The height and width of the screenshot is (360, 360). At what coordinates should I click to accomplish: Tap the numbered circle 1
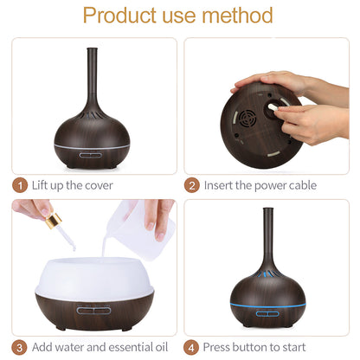(x=20, y=185)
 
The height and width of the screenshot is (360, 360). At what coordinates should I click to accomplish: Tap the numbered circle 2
(x=192, y=185)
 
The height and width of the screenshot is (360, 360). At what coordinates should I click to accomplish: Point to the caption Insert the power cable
(x=260, y=185)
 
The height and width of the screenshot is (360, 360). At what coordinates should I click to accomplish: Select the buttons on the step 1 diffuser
(x=91, y=157)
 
